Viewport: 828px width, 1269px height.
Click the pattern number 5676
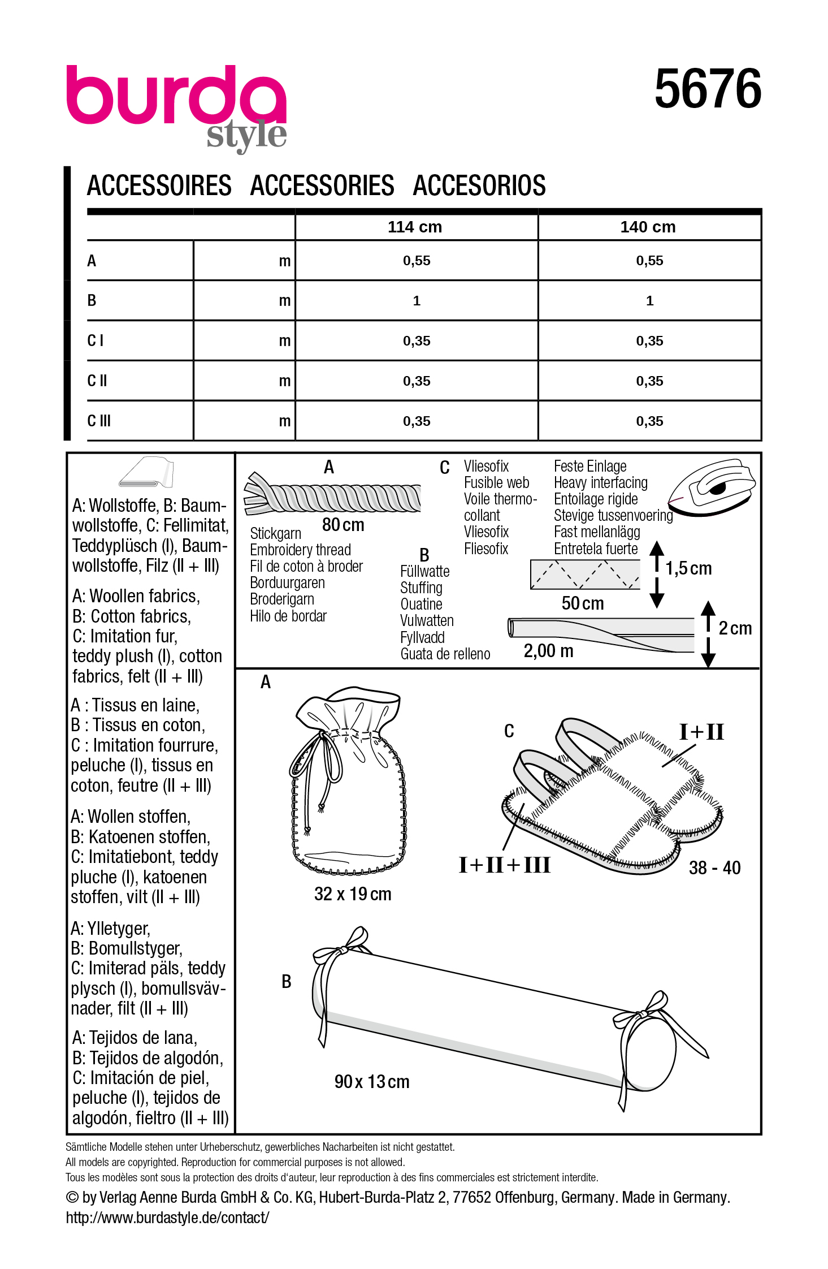[708, 89]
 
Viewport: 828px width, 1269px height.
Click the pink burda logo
[176, 96]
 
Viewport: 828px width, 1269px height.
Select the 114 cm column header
[415, 227]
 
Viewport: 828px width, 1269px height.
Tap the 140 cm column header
[648, 227]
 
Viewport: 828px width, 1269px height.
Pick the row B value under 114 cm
[417, 301]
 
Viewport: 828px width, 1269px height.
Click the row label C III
[99, 421]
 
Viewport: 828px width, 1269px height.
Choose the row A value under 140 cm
[649, 261]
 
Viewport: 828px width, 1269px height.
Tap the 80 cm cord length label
[343, 525]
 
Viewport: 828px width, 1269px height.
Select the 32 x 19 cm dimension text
[353, 894]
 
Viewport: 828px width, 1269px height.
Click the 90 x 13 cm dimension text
[372, 1082]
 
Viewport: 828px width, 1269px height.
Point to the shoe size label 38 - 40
[714, 868]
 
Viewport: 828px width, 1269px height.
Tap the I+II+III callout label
[504, 865]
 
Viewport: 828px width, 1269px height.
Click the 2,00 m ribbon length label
[548, 651]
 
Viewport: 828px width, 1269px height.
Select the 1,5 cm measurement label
[688, 568]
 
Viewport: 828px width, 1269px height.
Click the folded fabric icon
[146, 472]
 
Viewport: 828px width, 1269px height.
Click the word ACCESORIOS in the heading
[479, 186]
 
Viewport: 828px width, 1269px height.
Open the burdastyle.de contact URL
[167, 1218]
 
